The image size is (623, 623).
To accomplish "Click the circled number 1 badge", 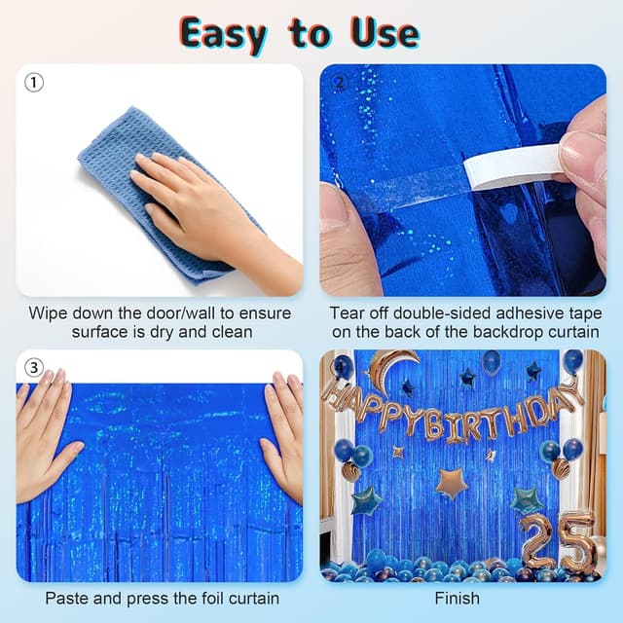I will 34,83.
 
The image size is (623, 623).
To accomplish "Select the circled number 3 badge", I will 34,368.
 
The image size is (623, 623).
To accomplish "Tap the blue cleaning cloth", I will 117,165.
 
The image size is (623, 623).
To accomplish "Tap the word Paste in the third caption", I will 67,599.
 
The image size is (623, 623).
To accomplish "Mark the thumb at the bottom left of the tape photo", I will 346,243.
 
